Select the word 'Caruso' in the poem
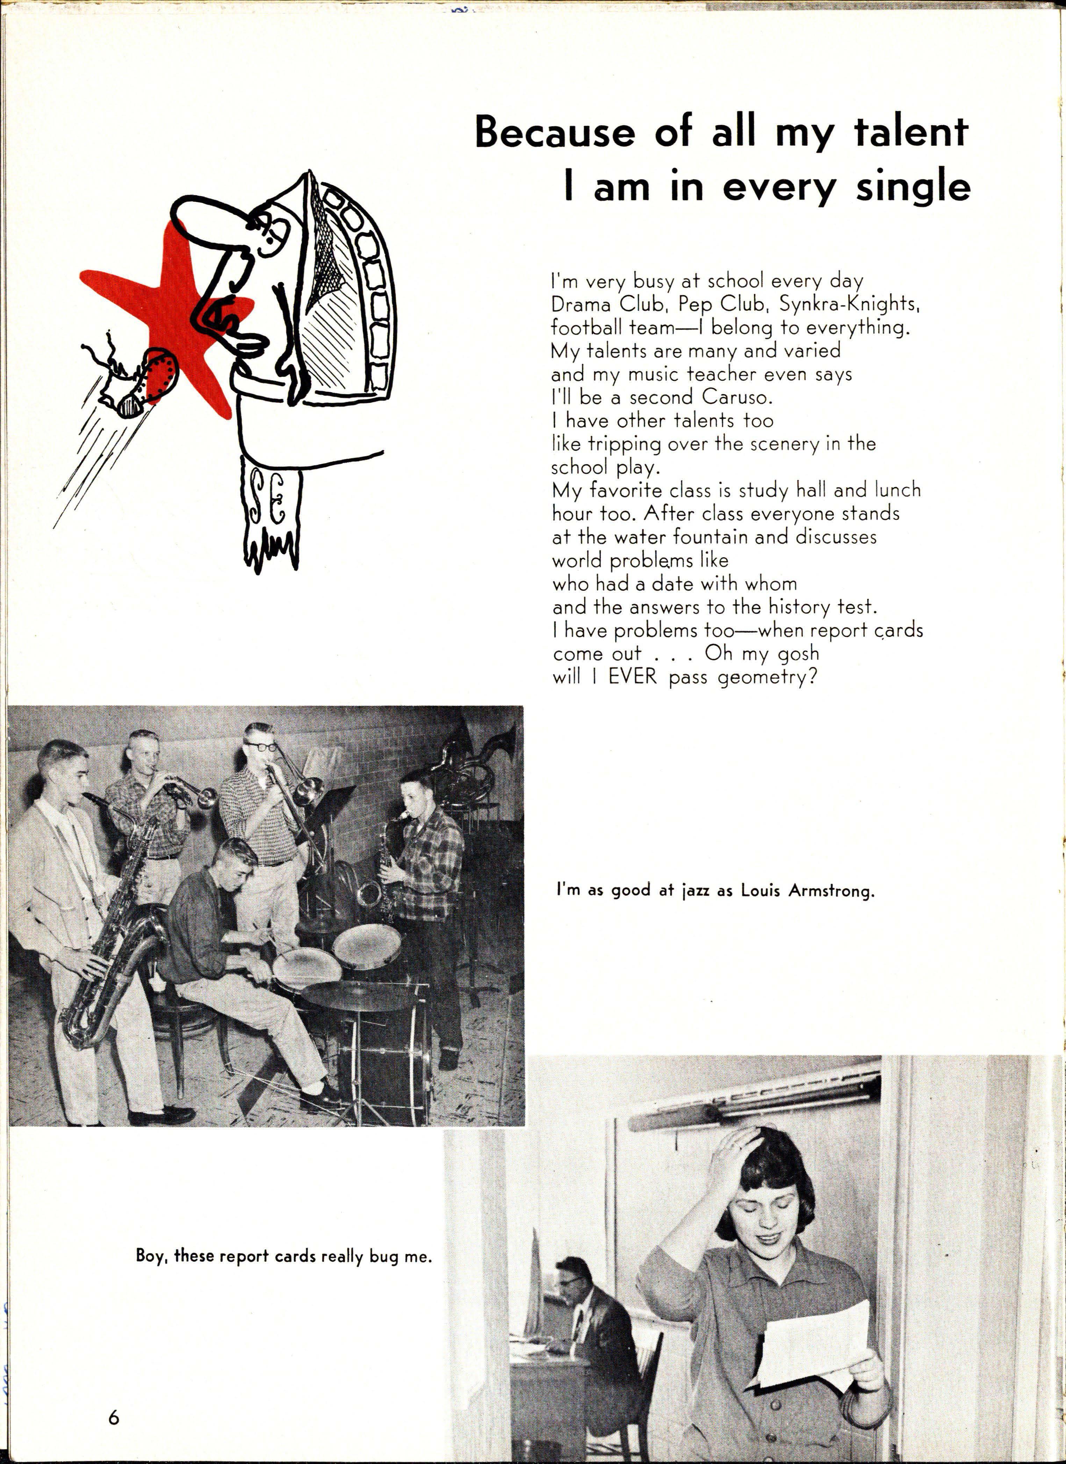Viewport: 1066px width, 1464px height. coord(732,397)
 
